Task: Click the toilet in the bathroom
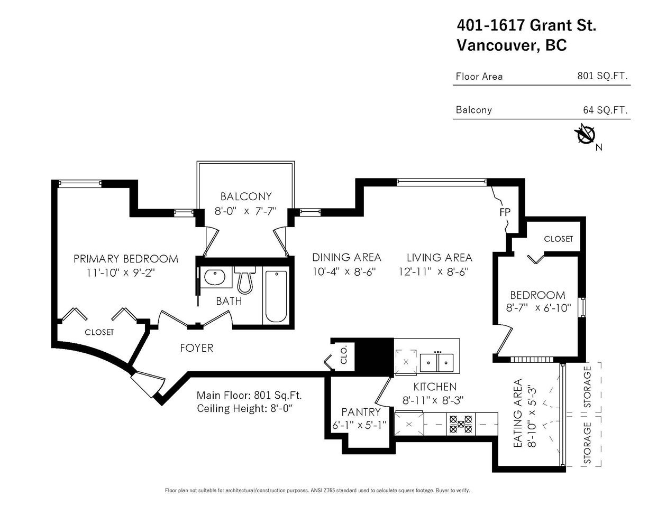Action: [x=244, y=280]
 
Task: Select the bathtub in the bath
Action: [x=276, y=296]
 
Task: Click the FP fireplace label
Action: [x=505, y=212]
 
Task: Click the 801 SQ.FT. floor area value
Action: [x=603, y=76]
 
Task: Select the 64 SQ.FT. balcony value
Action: [x=605, y=110]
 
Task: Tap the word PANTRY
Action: [x=361, y=412]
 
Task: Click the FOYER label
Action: [x=197, y=348]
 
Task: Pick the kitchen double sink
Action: [x=437, y=363]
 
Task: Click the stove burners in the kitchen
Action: [x=460, y=424]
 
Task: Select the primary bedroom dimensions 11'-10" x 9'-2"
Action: [x=121, y=273]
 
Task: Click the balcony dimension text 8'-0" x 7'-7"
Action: [x=245, y=211]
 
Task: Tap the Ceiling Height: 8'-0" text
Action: [x=244, y=408]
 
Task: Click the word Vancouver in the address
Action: [x=498, y=45]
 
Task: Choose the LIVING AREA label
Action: [x=439, y=258]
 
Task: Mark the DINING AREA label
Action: [x=346, y=257]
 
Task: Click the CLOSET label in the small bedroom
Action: [x=559, y=239]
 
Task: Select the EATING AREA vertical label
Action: [x=518, y=413]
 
